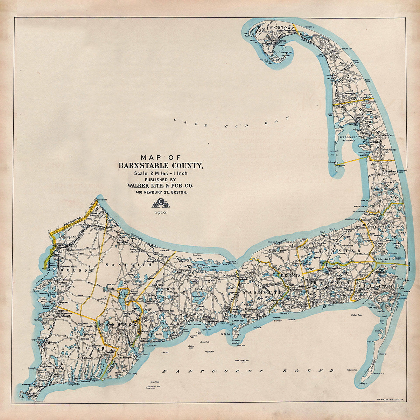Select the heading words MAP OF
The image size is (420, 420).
click(x=160, y=157)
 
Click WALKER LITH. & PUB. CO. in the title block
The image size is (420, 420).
click(x=160, y=186)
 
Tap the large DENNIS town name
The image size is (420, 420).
click(x=291, y=275)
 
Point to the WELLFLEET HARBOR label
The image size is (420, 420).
click(x=348, y=139)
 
